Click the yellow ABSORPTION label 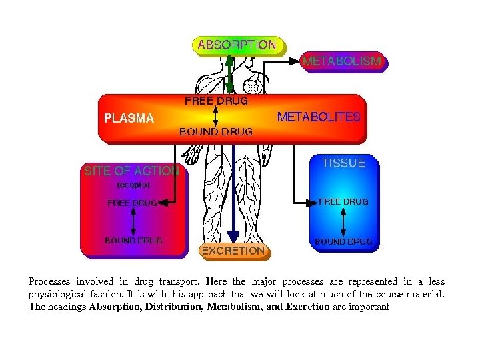point(237,45)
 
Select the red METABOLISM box point(343,61)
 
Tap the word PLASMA point(129,119)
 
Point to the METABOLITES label point(319,117)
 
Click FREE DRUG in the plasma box point(216,101)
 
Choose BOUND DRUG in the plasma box point(216,132)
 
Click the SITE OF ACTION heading point(131,171)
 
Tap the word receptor point(133,185)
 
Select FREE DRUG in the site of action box point(133,203)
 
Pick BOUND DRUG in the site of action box point(133,240)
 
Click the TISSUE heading point(343,163)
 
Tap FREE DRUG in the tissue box point(343,201)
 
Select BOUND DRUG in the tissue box point(343,241)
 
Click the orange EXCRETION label point(233,251)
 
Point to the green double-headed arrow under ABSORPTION point(229,73)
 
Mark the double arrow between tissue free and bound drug point(343,221)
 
